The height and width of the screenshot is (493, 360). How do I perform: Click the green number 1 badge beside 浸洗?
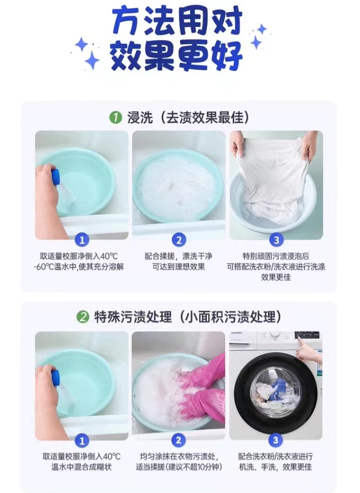(x=115, y=118)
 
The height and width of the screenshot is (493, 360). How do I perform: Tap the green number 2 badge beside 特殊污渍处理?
(x=83, y=317)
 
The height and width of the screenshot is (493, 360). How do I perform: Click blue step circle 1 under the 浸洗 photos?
(x=82, y=240)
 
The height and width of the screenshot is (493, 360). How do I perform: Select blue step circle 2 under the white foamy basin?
(x=179, y=240)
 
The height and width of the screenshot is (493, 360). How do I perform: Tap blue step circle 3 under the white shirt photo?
(x=276, y=240)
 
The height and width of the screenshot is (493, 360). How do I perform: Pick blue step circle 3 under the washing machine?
(x=276, y=440)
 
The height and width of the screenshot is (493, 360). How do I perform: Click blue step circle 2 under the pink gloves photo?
(x=178, y=440)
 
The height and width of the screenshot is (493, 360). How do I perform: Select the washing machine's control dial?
(x=275, y=336)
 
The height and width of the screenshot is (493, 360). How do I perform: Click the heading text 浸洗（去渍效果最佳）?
(x=188, y=118)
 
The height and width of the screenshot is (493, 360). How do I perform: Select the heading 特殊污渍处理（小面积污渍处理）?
(x=188, y=317)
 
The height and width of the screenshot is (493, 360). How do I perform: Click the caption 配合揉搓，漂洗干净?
(x=179, y=256)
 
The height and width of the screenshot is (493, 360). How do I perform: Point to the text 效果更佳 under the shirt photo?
(x=276, y=277)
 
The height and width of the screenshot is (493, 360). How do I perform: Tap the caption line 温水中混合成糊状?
(x=82, y=467)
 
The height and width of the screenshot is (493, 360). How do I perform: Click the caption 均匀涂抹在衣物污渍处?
(x=179, y=457)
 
